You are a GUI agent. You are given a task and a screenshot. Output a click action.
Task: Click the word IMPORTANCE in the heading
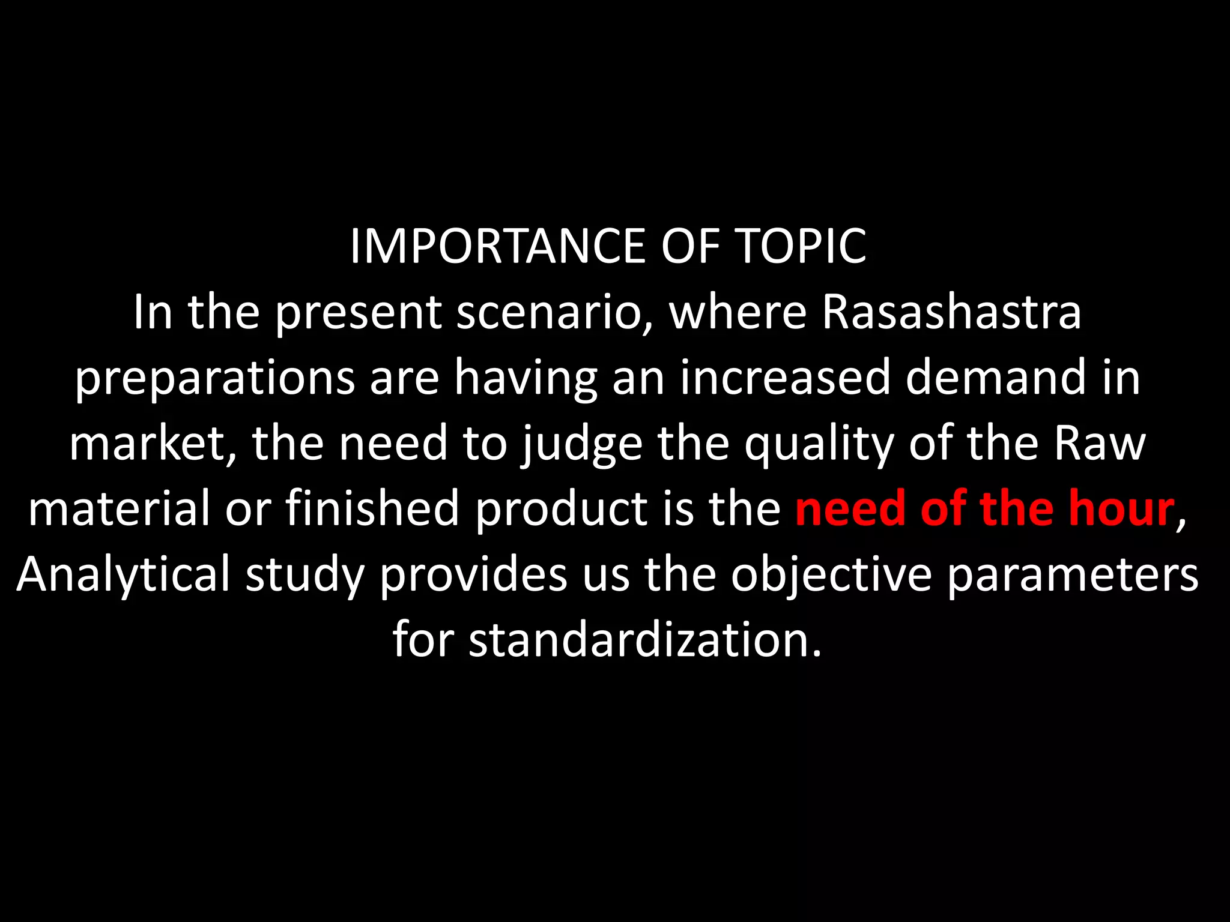498,247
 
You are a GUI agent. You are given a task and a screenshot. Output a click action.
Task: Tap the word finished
372,509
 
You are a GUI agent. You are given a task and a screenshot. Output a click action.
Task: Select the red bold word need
850,509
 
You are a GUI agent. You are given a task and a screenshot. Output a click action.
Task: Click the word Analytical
123,575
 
